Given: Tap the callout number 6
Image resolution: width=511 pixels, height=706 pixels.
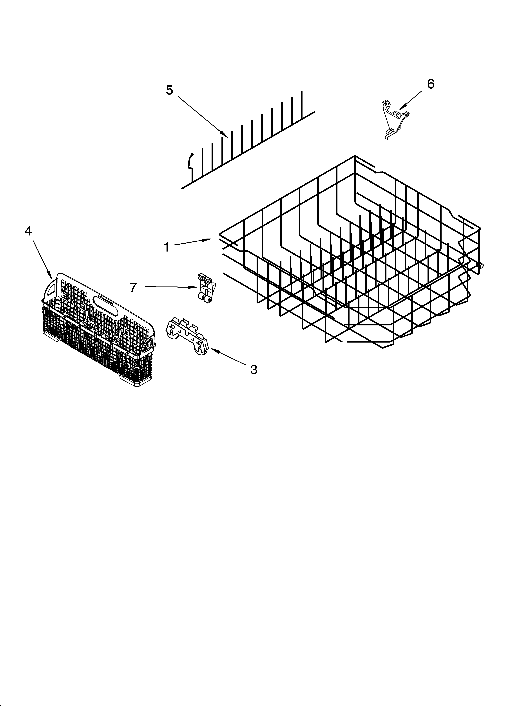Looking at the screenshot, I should [x=430, y=84].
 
